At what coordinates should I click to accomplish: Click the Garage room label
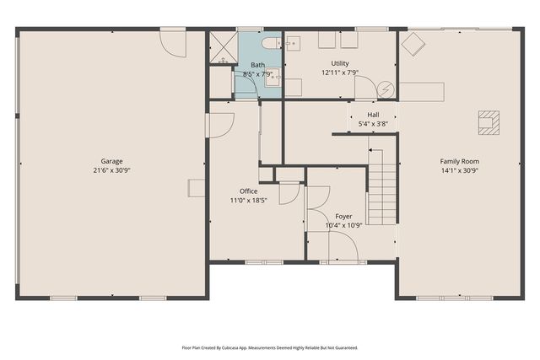point(112,160)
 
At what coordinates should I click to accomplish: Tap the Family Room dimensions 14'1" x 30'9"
point(459,170)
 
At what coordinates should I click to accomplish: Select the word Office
point(248,191)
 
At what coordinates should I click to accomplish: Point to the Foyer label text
point(343,216)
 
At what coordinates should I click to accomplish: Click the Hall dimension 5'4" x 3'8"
point(373,124)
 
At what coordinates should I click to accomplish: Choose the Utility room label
point(340,63)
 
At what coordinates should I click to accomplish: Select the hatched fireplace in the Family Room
point(489,122)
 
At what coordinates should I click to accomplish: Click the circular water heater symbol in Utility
point(386,88)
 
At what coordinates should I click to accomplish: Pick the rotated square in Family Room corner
point(413,44)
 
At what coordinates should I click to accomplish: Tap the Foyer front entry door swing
point(343,247)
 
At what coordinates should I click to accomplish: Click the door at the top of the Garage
point(173,42)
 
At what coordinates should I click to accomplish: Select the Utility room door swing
point(365,88)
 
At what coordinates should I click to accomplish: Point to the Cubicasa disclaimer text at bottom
point(270,347)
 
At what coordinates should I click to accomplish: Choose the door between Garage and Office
point(219,125)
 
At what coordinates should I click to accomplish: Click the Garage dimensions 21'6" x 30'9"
point(112,170)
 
